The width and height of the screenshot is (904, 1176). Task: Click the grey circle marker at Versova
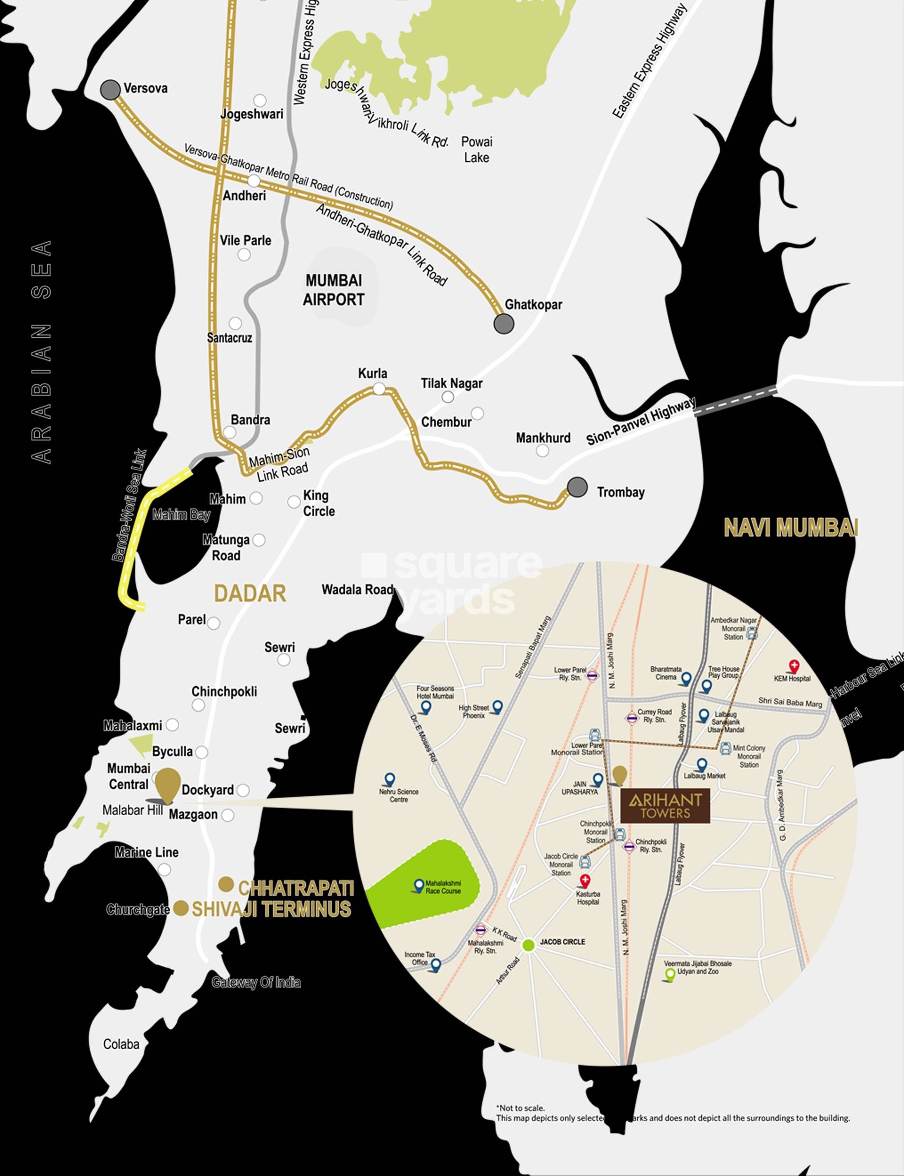[x=111, y=90]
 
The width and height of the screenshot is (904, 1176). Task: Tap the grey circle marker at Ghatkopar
[x=504, y=324]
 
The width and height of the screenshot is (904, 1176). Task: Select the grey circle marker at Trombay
[x=577, y=487]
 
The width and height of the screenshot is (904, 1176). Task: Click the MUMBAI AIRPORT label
[x=334, y=290]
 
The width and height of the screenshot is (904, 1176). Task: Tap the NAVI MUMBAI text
[x=791, y=528]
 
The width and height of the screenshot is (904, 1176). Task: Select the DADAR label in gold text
[x=250, y=594]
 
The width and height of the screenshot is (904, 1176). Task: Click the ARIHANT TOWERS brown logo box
[x=665, y=806]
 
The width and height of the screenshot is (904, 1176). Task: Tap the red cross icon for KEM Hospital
[x=794, y=667]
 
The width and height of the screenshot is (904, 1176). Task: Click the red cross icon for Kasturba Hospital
[x=585, y=881]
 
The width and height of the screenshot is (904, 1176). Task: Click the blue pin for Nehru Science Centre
[x=390, y=780]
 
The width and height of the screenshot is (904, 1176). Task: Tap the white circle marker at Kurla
[x=379, y=388]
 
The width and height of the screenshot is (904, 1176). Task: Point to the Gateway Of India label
[x=256, y=983]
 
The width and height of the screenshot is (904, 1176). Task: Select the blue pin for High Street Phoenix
[x=497, y=707]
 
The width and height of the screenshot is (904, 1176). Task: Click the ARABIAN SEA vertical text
[x=42, y=352]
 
